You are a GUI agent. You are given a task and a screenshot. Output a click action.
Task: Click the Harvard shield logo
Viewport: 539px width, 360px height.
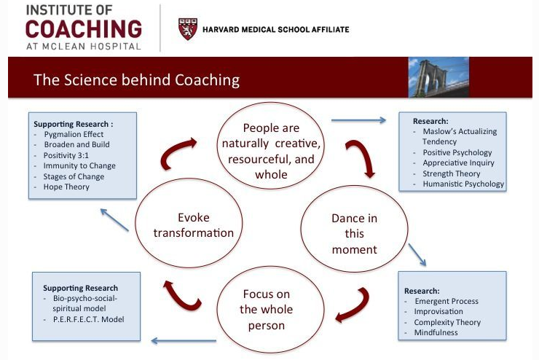tap(187, 29)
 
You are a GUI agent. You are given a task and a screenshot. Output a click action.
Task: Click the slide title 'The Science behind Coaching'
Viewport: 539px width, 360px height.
tap(137, 79)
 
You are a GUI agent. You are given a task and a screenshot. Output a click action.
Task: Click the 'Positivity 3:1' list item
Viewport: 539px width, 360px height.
tap(68, 155)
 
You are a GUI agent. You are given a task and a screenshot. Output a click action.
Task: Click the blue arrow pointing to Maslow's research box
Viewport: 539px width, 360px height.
tap(358, 121)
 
